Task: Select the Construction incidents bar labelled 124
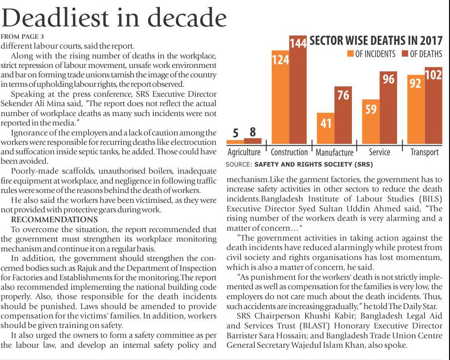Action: click(x=280, y=99)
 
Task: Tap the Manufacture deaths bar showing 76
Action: click(x=343, y=116)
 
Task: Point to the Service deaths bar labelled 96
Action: click(x=388, y=109)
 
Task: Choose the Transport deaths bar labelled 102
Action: click(x=433, y=106)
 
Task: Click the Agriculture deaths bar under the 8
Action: click(x=253, y=141)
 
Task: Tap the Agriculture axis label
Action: click(x=244, y=152)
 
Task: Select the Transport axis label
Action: click(x=425, y=152)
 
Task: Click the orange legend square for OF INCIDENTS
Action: click(x=350, y=54)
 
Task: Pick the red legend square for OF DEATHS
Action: click(x=405, y=54)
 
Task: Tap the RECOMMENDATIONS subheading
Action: click(x=54, y=220)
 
